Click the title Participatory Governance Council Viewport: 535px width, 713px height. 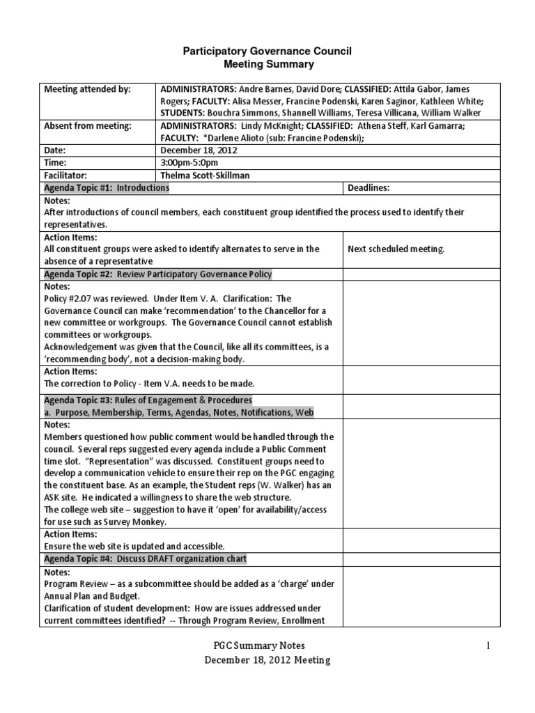(x=267, y=51)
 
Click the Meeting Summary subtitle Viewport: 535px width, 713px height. (x=268, y=65)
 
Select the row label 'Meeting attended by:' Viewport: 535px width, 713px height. (x=87, y=89)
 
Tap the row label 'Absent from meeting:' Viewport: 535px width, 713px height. (x=87, y=126)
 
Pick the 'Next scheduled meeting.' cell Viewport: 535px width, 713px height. (x=396, y=249)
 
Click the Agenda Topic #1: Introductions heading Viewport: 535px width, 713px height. (x=107, y=188)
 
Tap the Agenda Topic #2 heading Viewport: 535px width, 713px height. (x=158, y=274)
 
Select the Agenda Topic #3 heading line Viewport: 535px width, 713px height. (x=148, y=400)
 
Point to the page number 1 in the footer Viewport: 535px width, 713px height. (x=489, y=646)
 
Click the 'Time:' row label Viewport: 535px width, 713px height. (x=56, y=163)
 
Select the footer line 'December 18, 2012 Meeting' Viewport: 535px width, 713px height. (x=267, y=660)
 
